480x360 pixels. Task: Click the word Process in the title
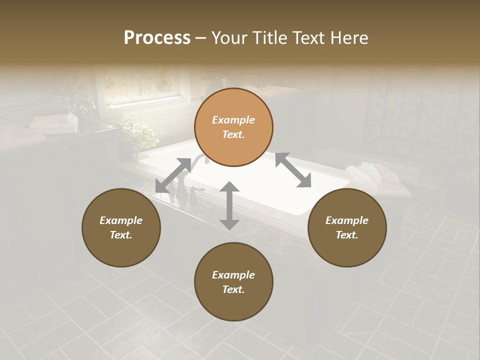(157, 38)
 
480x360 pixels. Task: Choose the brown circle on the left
(121, 227)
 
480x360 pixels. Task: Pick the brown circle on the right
(346, 227)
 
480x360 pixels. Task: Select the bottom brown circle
(233, 282)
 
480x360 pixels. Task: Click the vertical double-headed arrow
(229, 205)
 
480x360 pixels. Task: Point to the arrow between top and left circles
(173, 175)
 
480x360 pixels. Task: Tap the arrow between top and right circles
(293, 170)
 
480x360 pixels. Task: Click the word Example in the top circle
(233, 120)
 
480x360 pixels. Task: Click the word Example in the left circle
(121, 220)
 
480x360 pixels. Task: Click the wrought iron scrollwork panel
(420, 115)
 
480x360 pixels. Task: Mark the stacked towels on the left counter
(50, 122)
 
